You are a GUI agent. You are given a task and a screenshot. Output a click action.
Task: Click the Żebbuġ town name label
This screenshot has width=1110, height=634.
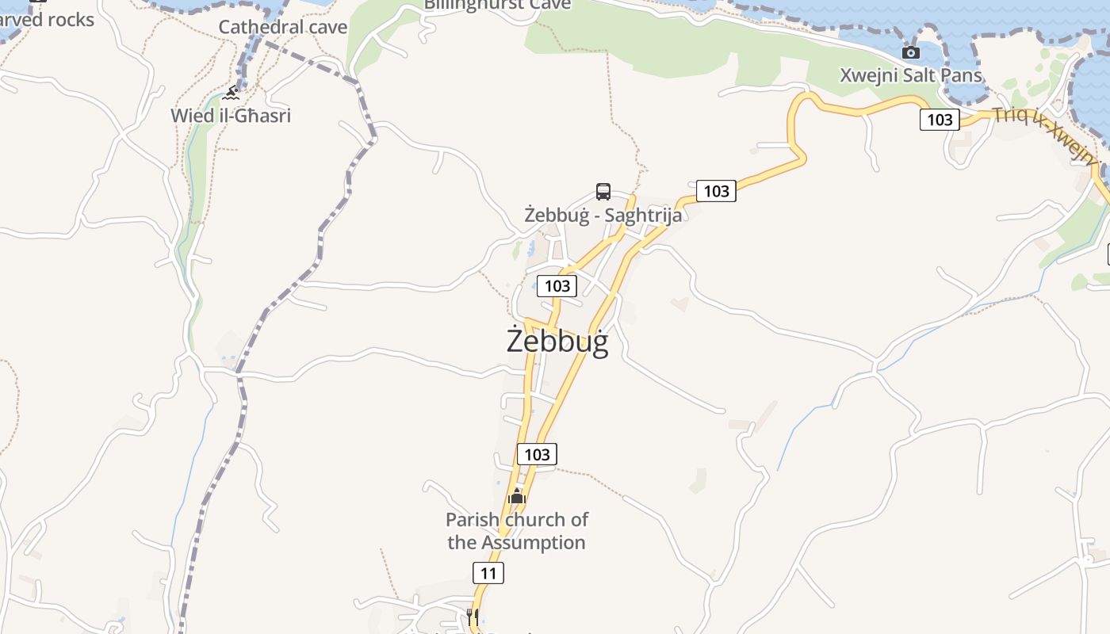pyautogui.click(x=557, y=341)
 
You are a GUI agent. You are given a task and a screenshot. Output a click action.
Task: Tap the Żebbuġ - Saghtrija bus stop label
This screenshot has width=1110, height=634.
pyautogui.click(x=603, y=215)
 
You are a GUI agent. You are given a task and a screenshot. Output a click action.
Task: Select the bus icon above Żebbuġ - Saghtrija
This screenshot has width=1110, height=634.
pyautogui.click(x=603, y=191)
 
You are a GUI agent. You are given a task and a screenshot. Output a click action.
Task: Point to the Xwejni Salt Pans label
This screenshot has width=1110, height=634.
pyautogui.click(x=911, y=75)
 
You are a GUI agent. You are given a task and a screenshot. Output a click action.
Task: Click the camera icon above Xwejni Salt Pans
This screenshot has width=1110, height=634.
pyautogui.click(x=911, y=52)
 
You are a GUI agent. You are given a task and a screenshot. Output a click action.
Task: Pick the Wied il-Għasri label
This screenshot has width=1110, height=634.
pyautogui.click(x=231, y=116)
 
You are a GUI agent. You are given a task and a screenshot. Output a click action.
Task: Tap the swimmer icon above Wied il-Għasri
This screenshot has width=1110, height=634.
pyautogui.click(x=231, y=94)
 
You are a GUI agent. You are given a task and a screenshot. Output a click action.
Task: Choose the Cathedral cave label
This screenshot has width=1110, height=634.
pyautogui.click(x=283, y=27)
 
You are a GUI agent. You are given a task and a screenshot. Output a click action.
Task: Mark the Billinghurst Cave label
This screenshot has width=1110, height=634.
pyautogui.click(x=497, y=5)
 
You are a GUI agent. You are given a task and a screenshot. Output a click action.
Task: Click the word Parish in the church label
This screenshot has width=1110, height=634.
pyautogui.click(x=473, y=520)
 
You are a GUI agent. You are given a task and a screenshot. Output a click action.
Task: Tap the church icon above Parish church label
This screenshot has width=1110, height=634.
pyautogui.click(x=517, y=497)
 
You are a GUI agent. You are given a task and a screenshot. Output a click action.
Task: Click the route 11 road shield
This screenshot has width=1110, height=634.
pyautogui.click(x=488, y=573)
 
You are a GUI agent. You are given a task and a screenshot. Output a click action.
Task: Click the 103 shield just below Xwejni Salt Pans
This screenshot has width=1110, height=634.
pyautogui.click(x=940, y=120)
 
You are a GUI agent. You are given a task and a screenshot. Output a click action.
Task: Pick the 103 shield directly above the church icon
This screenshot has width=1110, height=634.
pyautogui.click(x=537, y=454)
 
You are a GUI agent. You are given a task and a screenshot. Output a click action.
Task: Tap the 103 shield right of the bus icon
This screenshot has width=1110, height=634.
pyautogui.click(x=716, y=191)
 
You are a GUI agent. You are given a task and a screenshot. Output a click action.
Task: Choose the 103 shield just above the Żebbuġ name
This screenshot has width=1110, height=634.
pyautogui.click(x=557, y=286)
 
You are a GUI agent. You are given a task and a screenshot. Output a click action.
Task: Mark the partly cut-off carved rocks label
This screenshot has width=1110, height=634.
pyautogui.click(x=48, y=20)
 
